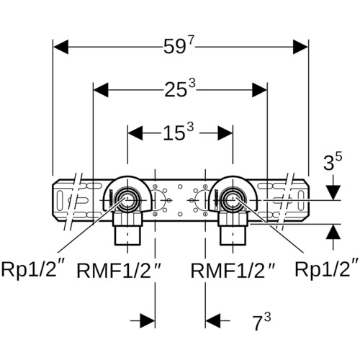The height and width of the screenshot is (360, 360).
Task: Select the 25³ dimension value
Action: pos(180,89)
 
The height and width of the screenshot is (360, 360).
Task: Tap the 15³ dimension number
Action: pos(178,132)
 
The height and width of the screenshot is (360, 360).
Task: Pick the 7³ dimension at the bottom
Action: pos(261,322)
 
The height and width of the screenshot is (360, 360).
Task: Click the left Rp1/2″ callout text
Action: pos(33,269)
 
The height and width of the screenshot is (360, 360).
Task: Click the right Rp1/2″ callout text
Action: pos(327,269)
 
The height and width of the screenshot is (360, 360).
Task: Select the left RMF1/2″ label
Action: pos(118,270)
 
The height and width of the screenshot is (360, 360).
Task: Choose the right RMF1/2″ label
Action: pos(233,270)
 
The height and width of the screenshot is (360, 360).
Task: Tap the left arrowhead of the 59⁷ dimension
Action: pos(60,47)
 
